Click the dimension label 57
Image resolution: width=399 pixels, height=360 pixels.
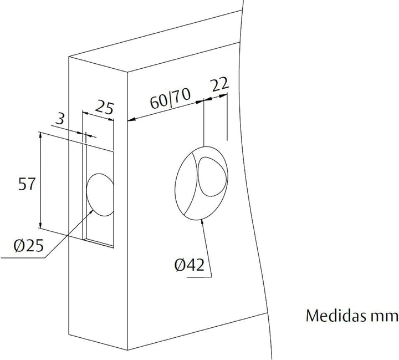pos(27,184)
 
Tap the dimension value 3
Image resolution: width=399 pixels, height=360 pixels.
pos(62,119)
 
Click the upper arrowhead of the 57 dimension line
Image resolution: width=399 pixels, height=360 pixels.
pos(40,135)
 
